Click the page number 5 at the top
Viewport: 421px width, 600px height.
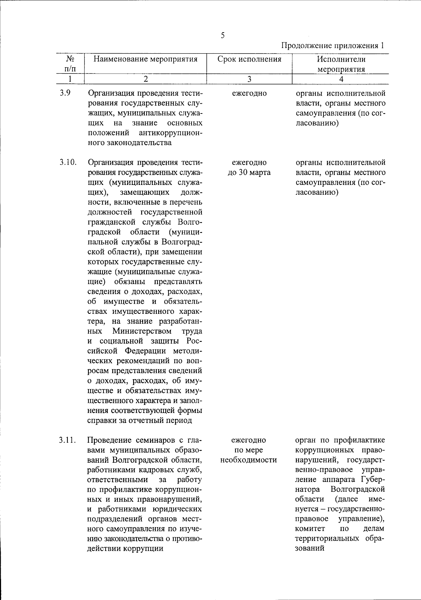pyautogui.click(x=222, y=35)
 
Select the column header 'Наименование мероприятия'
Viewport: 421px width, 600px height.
pyautogui.click(x=145, y=59)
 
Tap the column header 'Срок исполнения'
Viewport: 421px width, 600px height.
pyautogui.click(x=249, y=59)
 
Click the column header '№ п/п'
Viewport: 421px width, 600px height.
pyautogui.click(x=70, y=64)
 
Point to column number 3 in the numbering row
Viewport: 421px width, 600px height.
pyautogui.click(x=249, y=79)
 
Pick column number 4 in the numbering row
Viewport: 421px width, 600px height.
pyautogui.click(x=341, y=79)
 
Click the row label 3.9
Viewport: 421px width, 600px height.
pyautogui.click(x=65, y=94)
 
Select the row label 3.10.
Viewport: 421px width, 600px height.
pyautogui.click(x=68, y=163)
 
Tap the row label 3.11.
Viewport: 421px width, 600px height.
pyautogui.click(x=68, y=440)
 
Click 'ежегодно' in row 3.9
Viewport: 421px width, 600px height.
pyautogui.click(x=249, y=94)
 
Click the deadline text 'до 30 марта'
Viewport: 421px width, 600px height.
pyautogui.click(x=249, y=173)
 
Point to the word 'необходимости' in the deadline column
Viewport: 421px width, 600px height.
pyautogui.click(x=249, y=460)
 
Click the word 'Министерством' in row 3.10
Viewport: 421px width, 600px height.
pyautogui.click(x=142, y=331)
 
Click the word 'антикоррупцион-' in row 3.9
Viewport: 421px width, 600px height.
pyautogui.click(x=171, y=133)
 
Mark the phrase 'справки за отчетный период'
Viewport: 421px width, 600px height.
pyautogui.click(x=139, y=420)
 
